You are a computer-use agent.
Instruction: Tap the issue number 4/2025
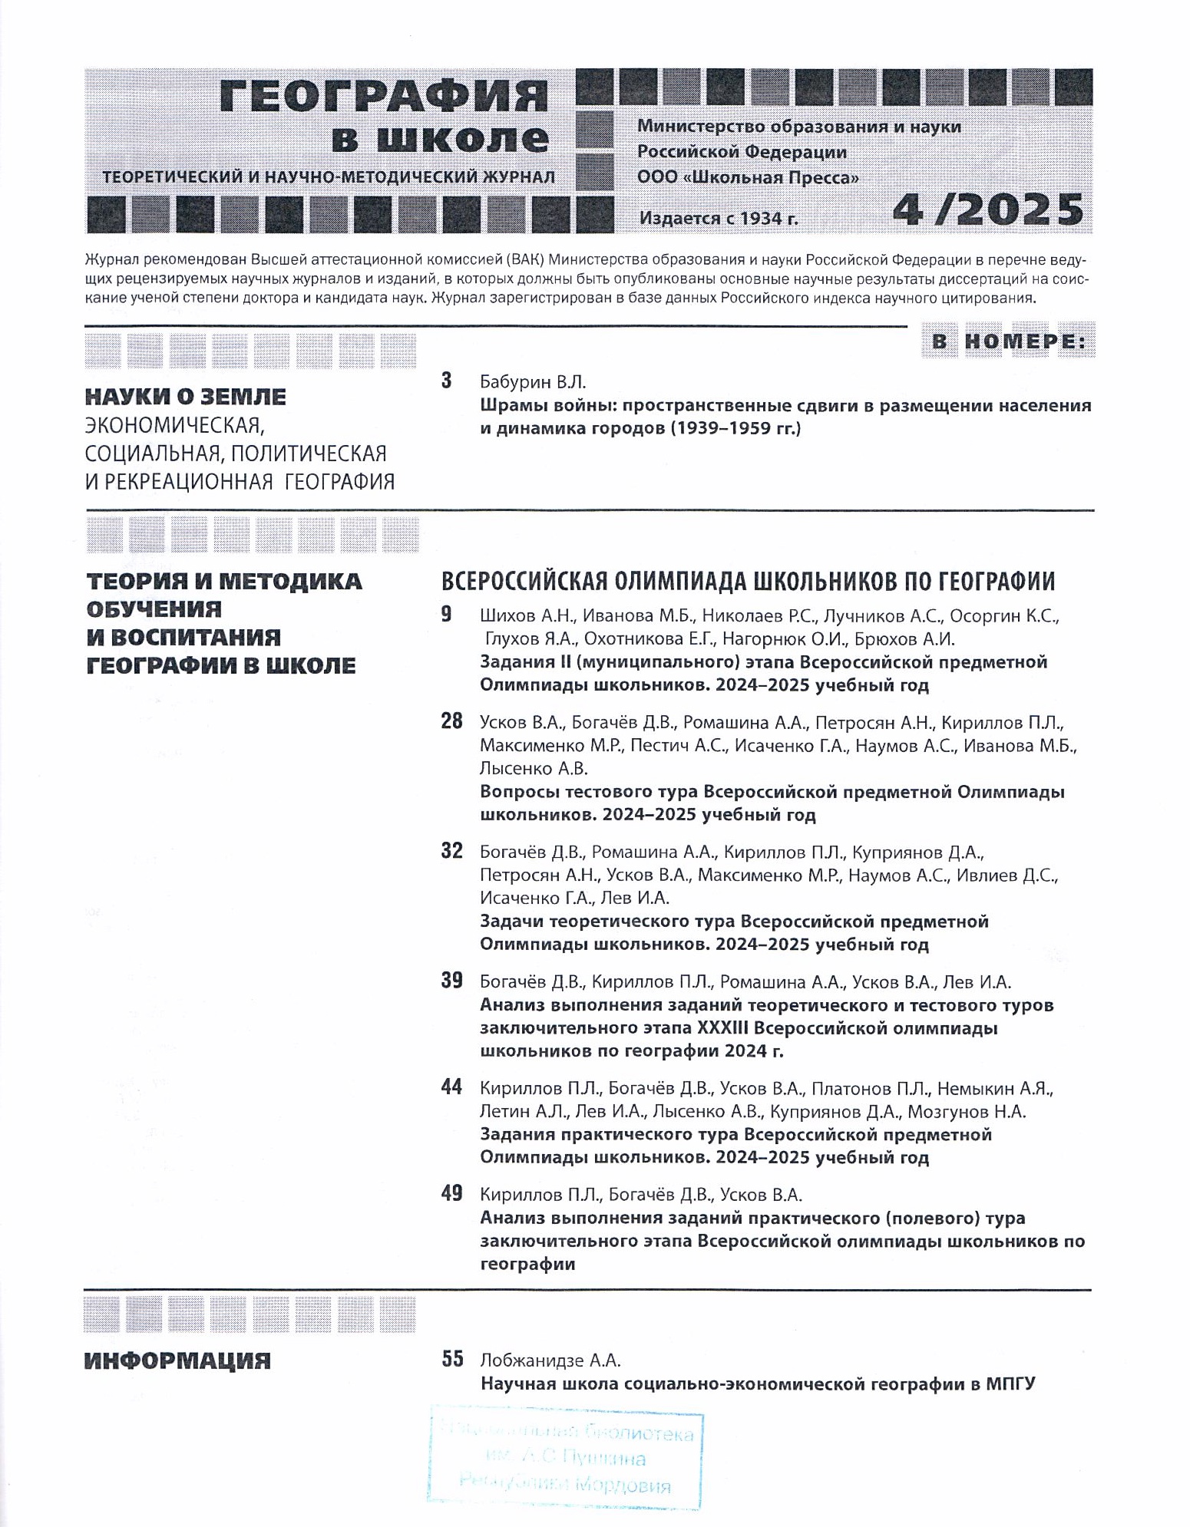(x=987, y=209)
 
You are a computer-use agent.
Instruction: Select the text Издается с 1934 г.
(x=719, y=218)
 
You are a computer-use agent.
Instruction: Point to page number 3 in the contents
(x=447, y=381)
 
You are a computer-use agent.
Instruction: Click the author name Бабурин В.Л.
(x=532, y=381)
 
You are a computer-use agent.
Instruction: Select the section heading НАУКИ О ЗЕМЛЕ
(x=185, y=397)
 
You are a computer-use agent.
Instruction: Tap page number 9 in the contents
(x=447, y=615)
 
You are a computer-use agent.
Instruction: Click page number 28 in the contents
(x=451, y=721)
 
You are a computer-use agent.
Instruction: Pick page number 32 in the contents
(x=451, y=851)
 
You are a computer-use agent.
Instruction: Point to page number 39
(x=451, y=981)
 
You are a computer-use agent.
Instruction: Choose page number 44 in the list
(x=451, y=1087)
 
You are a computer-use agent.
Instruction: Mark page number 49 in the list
(x=451, y=1194)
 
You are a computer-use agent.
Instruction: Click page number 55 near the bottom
(x=452, y=1359)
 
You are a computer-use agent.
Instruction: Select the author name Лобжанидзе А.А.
(x=550, y=1360)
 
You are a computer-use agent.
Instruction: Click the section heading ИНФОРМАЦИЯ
(x=177, y=1361)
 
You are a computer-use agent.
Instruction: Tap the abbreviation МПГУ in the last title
(x=1010, y=1384)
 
